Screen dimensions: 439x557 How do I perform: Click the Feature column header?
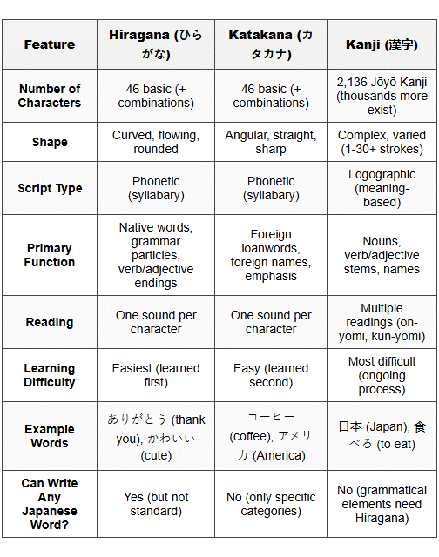click(50, 44)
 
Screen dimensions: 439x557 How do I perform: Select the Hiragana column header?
click(156, 44)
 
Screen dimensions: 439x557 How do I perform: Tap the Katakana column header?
click(271, 44)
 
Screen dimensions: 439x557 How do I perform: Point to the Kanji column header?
click(382, 44)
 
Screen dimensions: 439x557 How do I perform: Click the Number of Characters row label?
click(50, 96)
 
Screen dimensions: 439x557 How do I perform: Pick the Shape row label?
click(50, 142)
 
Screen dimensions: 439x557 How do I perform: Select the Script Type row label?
click(50, 188)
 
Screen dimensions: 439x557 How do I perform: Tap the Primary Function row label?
click(50, 255)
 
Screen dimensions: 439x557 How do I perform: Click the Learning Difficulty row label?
click(50, 375)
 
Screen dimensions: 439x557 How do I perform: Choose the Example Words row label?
click(50, 436)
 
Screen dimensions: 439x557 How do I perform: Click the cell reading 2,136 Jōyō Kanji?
click(382, 96)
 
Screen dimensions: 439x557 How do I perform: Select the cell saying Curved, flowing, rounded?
click(156, 142)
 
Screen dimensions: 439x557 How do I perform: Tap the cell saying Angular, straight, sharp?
click(271, 142)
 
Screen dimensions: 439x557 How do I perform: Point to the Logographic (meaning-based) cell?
click(382, 188)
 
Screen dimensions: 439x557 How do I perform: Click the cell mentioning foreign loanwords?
click(271, 255)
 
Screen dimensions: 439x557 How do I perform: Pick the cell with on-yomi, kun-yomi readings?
click(382, 322)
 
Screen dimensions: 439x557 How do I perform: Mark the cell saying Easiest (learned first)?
click(156, 375)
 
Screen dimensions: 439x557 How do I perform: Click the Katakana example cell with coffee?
click(271, 436)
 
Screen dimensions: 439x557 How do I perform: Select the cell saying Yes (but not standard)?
click(156, 504)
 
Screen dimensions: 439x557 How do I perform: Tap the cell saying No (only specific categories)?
click(271, 504)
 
